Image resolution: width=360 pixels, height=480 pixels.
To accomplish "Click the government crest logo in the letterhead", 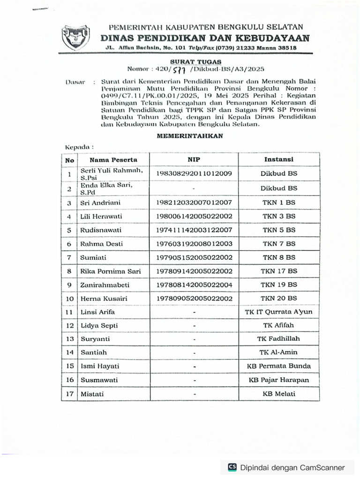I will (x=76, y=37).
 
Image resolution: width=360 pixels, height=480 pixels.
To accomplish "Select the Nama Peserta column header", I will (x=111, y=160).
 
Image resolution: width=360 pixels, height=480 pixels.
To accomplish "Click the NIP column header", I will (x=194, y=160).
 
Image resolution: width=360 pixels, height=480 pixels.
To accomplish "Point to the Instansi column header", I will (x=279, y=160).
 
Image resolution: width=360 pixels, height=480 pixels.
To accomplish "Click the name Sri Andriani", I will (x=100, y=203).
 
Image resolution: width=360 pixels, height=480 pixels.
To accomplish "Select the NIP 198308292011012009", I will (x=194, y=174).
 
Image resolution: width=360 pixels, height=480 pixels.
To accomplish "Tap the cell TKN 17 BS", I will (x=279, y=271).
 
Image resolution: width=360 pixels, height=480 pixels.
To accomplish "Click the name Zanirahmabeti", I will (x=105, y=285).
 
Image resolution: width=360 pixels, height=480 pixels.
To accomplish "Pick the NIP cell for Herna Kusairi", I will (x=194, y=298).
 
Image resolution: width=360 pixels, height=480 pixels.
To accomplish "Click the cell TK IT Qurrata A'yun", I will (x=279, y=312).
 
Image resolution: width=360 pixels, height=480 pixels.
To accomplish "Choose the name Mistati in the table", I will (x=92, y=394).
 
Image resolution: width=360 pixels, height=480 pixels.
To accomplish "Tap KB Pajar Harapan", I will (x=279, y=380).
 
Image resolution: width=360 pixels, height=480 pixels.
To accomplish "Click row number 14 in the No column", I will (x=69, y=352).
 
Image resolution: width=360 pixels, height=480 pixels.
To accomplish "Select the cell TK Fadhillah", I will (x=279, y=338).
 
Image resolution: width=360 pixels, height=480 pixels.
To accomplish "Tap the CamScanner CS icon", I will (x=232, y=467).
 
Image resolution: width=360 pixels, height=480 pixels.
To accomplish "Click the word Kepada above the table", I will (x=76, y=147).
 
